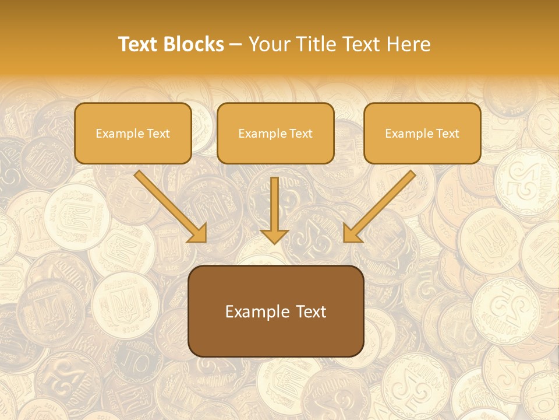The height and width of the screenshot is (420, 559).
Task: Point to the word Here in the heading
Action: [409, 44]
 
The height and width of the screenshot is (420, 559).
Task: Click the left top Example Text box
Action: [133, 133]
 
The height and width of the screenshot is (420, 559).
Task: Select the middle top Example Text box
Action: [275, 133]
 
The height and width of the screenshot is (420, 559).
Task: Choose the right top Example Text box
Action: [422, 133]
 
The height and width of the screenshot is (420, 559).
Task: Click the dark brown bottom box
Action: [275, 311]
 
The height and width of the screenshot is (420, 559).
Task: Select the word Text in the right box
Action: [447, 134]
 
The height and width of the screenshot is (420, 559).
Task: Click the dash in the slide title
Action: [236, 45]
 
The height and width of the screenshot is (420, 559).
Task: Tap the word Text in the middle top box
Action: [300, 134]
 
